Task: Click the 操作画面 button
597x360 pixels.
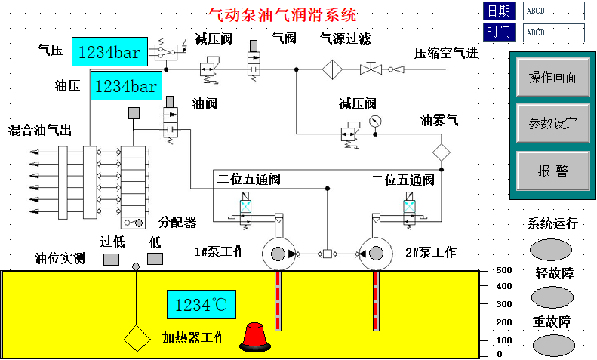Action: point(552,77)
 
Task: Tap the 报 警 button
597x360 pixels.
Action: point(552,171)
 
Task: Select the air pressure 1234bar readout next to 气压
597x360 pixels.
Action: point(109,52)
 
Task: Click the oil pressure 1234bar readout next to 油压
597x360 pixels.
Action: point(126,85)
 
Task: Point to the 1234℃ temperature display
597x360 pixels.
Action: point(202,304)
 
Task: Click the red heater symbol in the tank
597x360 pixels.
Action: point(255,337)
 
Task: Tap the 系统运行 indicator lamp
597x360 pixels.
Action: point(551,250)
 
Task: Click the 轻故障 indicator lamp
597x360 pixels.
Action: point(552,297)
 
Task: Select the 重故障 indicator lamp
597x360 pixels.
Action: point(553,346)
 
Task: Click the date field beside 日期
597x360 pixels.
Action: point(553,11)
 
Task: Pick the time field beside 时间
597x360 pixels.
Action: point(553,32)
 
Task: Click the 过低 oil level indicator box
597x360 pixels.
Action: point(111,260)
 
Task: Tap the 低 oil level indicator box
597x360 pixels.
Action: point(155,259)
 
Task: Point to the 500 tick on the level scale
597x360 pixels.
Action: point(484,272)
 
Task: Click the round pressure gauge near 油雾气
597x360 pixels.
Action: point(375,122)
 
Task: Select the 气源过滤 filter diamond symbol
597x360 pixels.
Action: point(332,69)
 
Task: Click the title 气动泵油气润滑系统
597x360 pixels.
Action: point(282,15)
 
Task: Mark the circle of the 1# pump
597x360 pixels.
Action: point(278,254)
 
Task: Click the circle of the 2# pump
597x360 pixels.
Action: point(376,254)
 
